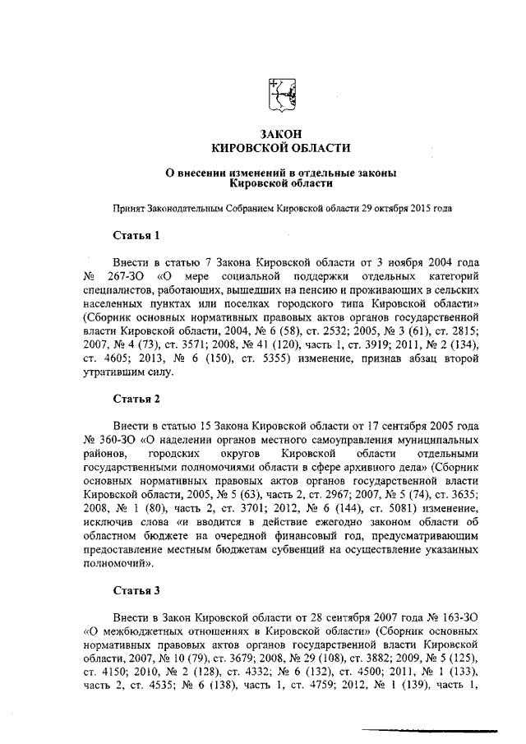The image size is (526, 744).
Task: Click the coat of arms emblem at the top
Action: pyautogui.click(x=283, y=95)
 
